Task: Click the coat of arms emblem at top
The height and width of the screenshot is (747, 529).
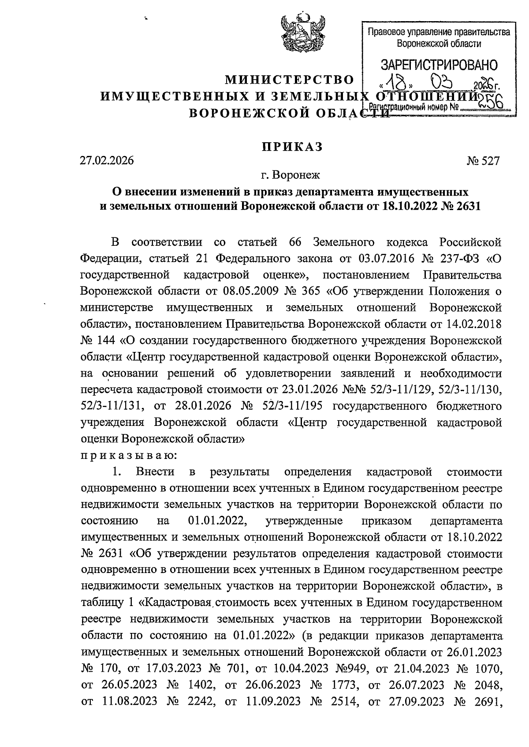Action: pos(303,36)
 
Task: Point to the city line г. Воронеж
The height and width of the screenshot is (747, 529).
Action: pos(290,175)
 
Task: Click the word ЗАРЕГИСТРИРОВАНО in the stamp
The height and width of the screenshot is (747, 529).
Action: pos(439,65)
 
